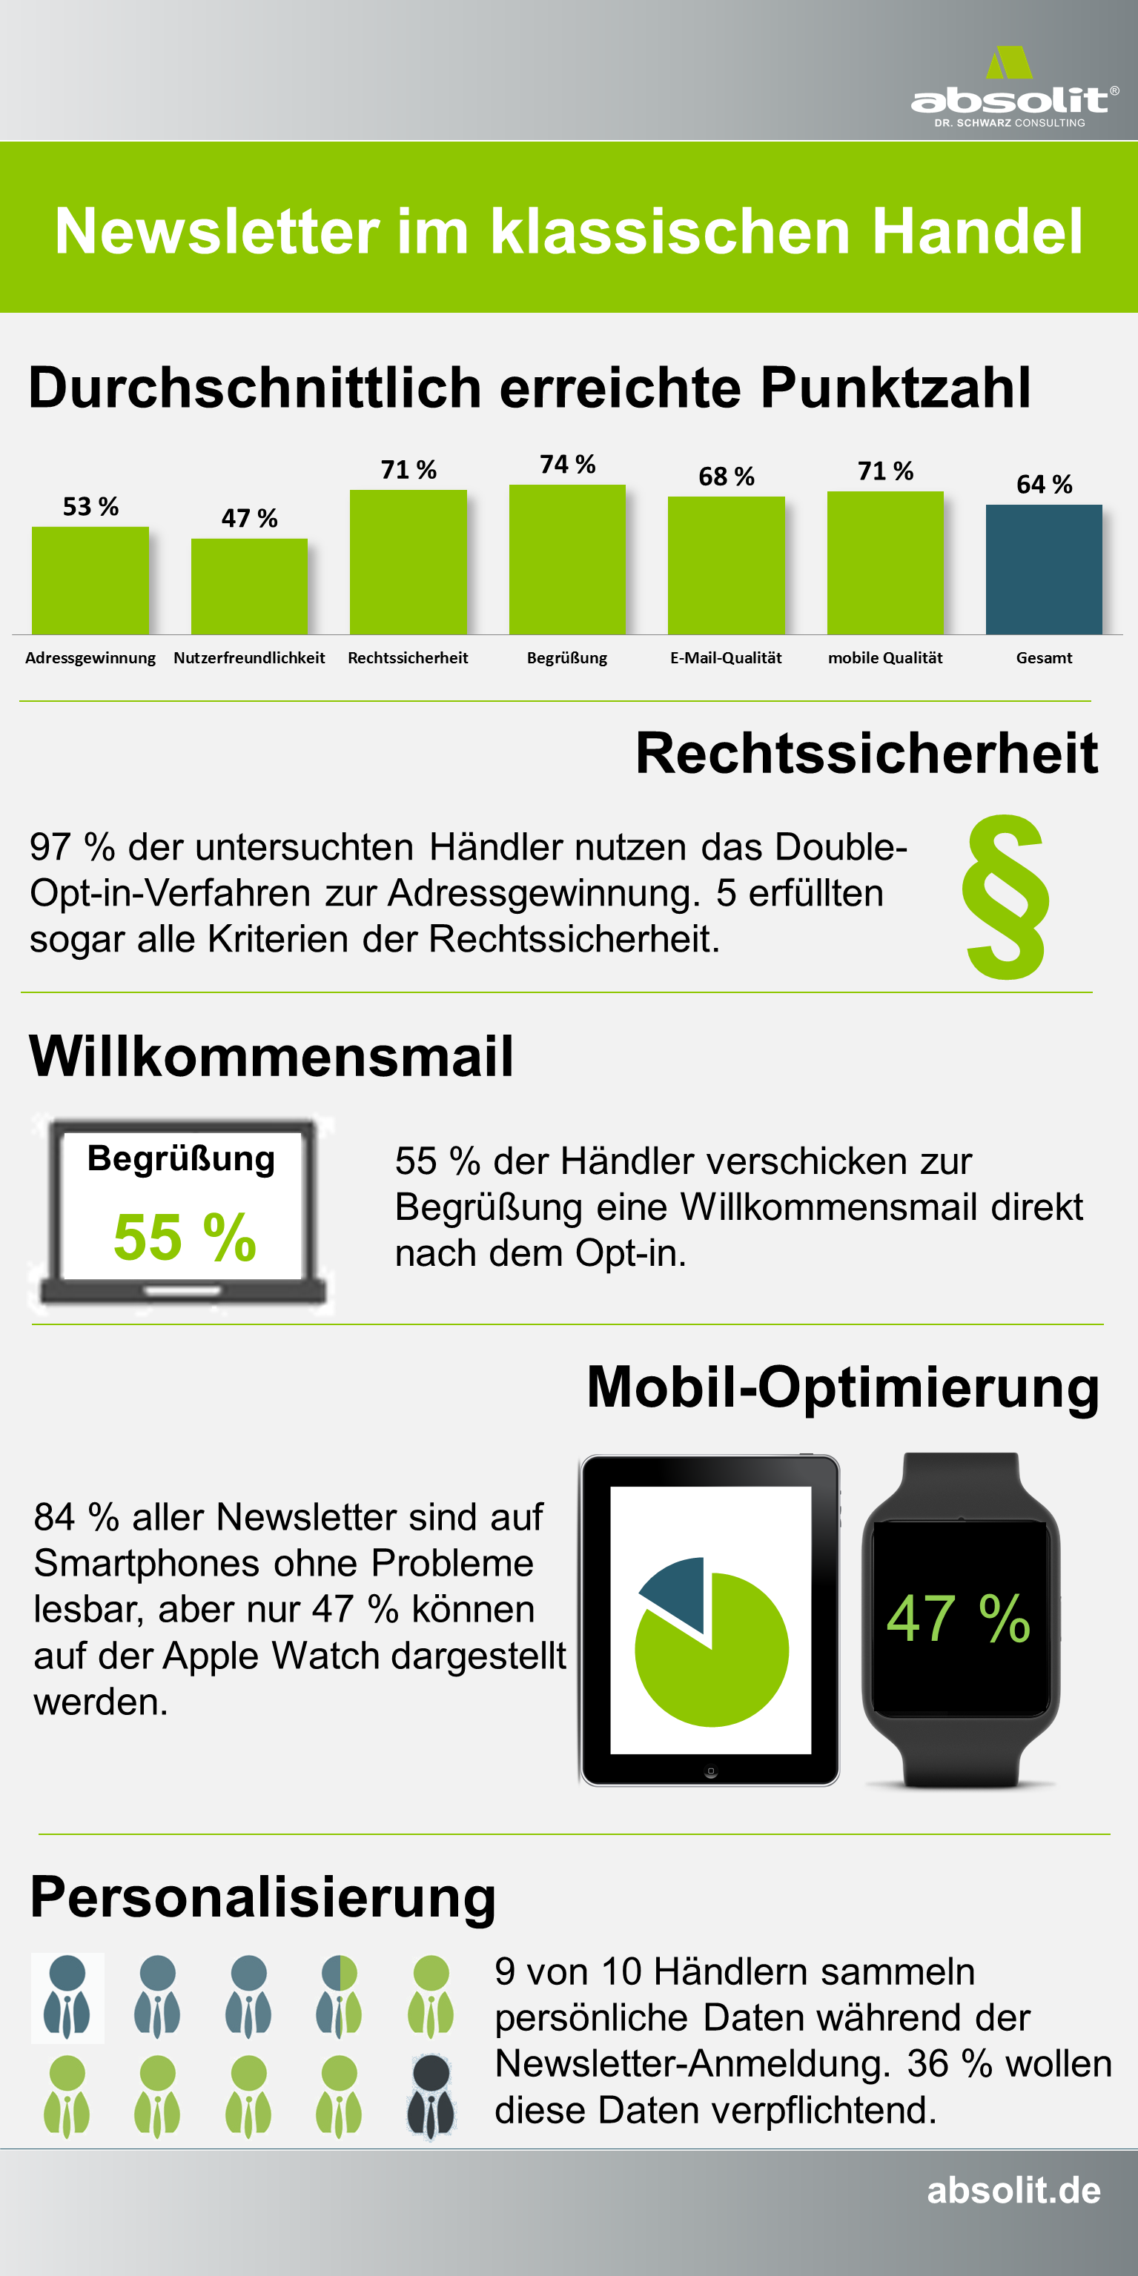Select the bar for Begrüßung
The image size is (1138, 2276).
click(567, 560)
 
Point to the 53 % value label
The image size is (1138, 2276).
click(90, 506)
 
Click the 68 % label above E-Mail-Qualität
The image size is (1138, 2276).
click(727, 477)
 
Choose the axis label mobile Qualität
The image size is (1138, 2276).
click(885, 657)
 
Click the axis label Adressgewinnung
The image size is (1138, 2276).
click(90, 658)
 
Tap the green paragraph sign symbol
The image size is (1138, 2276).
click(1006, 897)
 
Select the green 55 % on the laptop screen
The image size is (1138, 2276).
click(185, 1236)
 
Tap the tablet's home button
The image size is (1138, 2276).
click(710, 1771)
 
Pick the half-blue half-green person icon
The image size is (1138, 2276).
click(340, 1996)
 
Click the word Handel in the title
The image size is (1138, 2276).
click(977, 231)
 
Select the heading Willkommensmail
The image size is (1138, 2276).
click(271, 1056)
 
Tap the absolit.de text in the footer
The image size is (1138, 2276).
click(1013, 2190)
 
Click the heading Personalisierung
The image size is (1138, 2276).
click(263, 1898)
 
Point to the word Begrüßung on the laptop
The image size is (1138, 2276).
click(181, 1159)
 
